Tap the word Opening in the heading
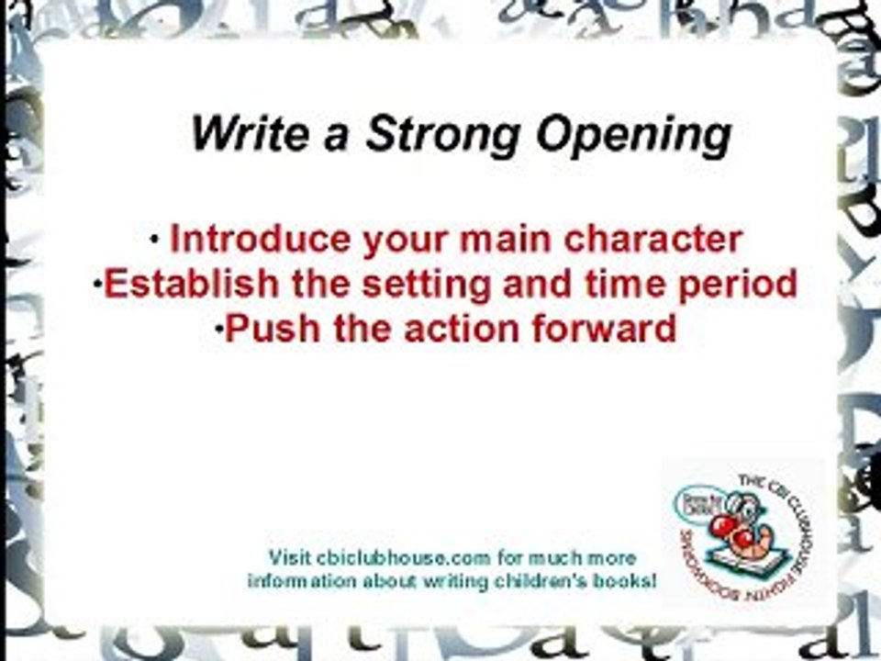pyautogui.click(x=634, y=136)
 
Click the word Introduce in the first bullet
pyautogui.click(x=261, y=240)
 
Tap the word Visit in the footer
pyautogui.click(x=289, y=558)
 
